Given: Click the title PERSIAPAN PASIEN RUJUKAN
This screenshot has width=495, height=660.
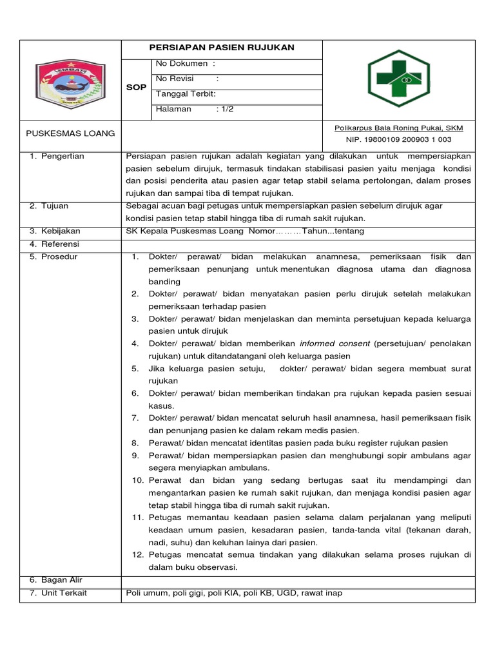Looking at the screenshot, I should coord(222,48).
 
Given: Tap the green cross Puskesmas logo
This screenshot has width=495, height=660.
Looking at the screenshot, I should coord(398,79).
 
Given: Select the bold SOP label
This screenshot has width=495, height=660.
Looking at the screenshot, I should coord(135,86).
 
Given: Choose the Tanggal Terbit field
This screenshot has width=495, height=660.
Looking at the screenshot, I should coord(186,94).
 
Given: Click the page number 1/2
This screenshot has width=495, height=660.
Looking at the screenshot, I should coord(226,109).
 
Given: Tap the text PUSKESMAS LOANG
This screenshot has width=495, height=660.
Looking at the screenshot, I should coord(70,133).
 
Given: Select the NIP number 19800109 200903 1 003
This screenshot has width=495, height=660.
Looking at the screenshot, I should coord(399,139).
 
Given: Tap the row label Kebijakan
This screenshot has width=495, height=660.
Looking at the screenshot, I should coord(61,231).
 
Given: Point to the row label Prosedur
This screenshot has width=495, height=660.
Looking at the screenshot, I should coord(59,257).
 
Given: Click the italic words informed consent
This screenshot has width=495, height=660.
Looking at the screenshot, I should coord(335,344).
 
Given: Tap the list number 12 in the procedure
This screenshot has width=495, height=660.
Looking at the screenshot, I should coord(137,554).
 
